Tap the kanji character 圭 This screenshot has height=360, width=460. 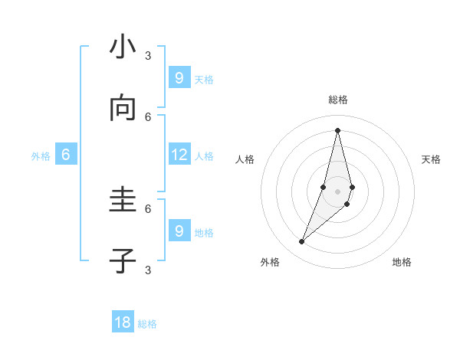pos(123,201)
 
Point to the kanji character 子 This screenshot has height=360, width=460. pos(123,262)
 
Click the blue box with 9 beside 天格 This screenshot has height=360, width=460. pos(179,77)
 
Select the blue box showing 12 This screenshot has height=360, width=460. pos(179,155)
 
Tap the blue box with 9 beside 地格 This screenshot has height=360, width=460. pos(179,231)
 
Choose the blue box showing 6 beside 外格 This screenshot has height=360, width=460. pos(66,155)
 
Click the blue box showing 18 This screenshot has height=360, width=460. pos(123,322)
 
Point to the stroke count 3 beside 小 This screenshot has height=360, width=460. pos(148,55)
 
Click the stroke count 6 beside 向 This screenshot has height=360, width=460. pos(148,116)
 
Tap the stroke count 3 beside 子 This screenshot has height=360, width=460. pos(148,270)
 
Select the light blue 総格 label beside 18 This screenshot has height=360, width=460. pos(147,324)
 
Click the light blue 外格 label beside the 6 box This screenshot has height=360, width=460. pos(41,156)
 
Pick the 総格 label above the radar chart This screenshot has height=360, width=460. pos(338,100)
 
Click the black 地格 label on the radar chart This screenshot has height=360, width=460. pos(402,262)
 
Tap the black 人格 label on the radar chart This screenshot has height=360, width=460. pos(245,159)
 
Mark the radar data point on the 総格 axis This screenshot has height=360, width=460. pos(337,130)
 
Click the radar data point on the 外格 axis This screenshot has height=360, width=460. pos(302,242)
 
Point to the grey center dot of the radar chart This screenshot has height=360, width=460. pos(337,191)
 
